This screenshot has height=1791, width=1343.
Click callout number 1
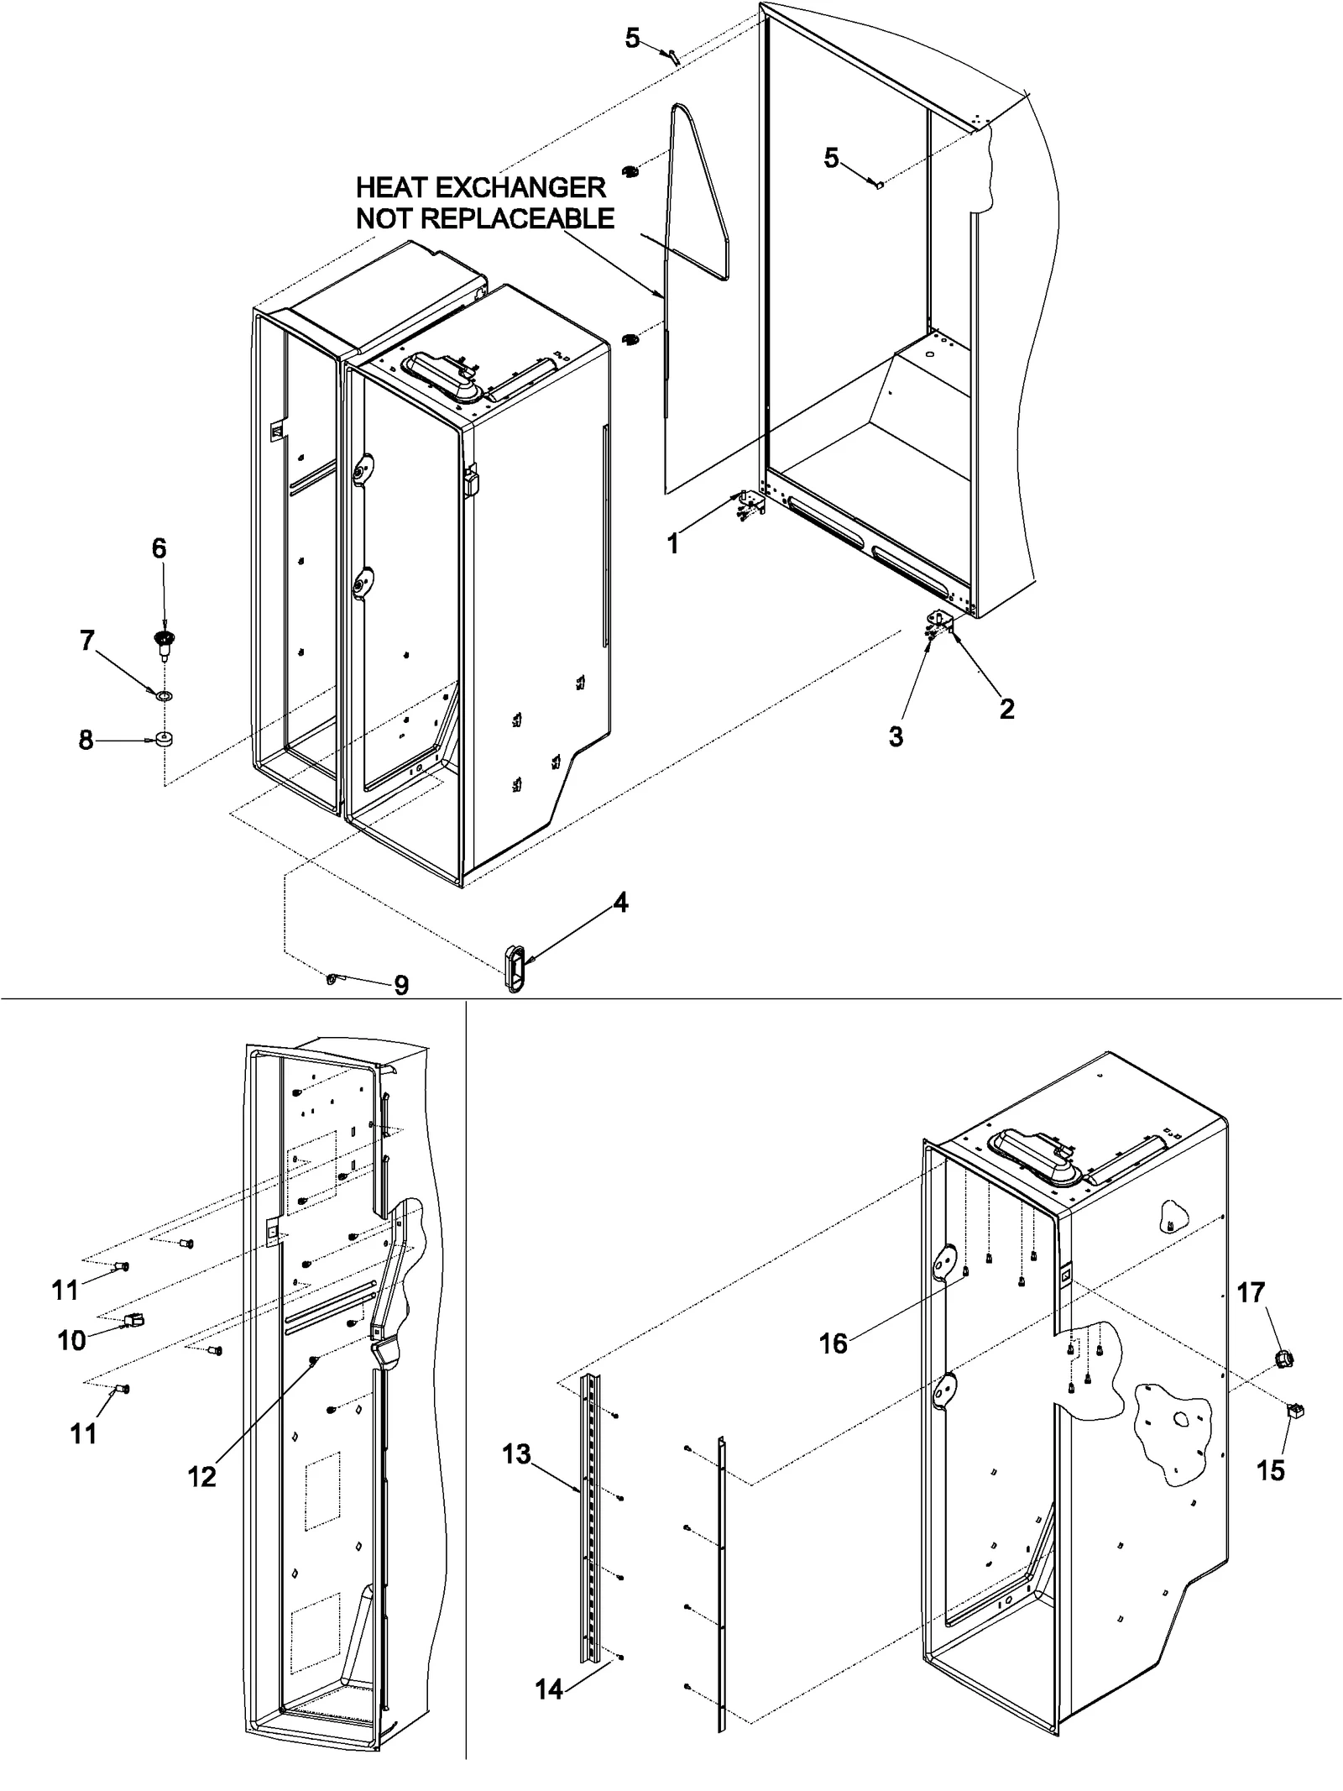pos(672,544)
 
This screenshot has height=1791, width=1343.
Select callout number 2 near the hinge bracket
pos(1006,710)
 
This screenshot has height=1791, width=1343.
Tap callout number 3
pos(896,737)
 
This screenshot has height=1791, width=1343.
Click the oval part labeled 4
pos(514,969)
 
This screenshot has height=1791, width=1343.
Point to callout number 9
pos(401,985)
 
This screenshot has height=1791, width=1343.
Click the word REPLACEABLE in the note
pos(517,219)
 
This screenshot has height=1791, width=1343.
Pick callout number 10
pos(71,1340)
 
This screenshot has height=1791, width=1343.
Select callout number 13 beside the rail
pos(517,1454)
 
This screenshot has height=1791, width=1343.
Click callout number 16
pos(833,1344)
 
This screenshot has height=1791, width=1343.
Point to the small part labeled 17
pos(1282,1358)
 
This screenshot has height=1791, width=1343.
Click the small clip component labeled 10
pos(133,1321)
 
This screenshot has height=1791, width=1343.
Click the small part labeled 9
pos(333,977)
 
